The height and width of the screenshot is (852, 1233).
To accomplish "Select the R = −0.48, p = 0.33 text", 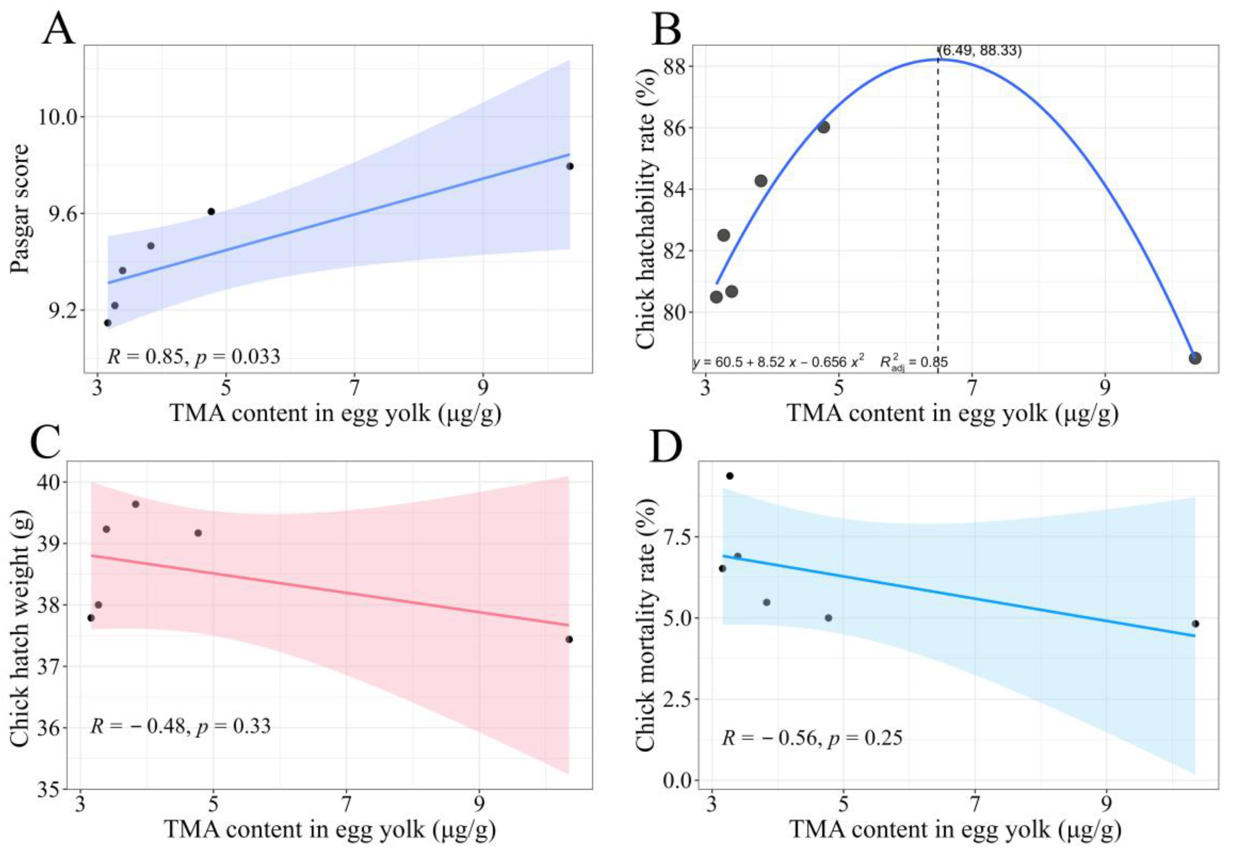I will tap(180, 726).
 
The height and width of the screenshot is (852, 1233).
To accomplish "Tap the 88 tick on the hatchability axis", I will tap(675, 66).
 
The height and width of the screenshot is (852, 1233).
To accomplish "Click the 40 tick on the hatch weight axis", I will tap(49, 482).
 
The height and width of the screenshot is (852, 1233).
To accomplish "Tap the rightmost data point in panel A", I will tap(570, 166).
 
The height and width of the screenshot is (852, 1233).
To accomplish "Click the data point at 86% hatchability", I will tap(824, 127).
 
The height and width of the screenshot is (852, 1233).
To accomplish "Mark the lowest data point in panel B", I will tap(1195, 358).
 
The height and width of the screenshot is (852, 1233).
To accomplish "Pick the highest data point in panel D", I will tap(730, 476).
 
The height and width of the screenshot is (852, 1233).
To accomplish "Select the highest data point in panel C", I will tap(136, 504).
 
